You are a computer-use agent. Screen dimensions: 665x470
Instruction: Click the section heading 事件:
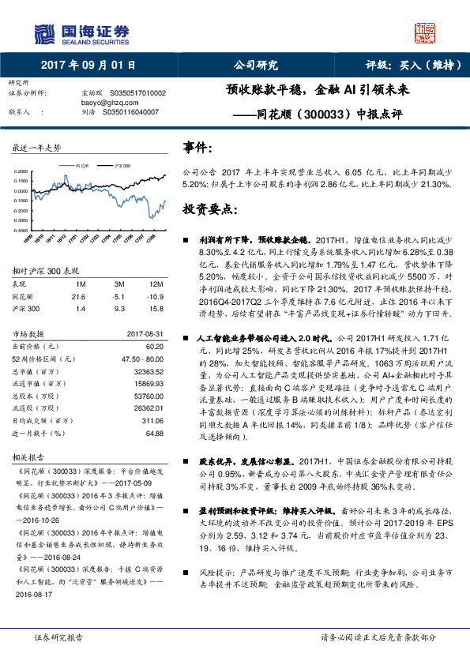[x=197, y=148]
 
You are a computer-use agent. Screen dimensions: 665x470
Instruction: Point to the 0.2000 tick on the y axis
[x=23, y=171]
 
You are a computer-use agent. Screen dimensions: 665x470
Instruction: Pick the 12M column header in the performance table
[x=155, y=283]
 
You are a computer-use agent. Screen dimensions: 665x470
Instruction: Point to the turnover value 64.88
[x=154, y=433]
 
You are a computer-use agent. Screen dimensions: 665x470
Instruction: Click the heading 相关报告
[x=30, y=456]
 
